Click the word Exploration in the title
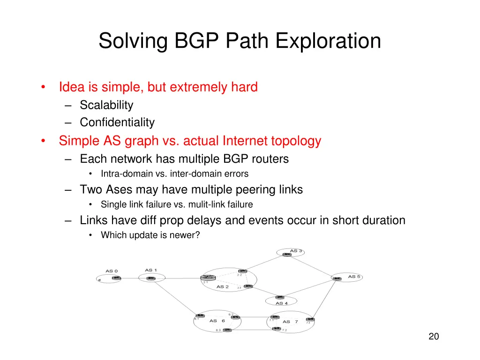coord(328,41)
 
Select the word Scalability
coord(106,105)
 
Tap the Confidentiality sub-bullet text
coord(117,122)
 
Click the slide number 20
coord(434,336)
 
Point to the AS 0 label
coord(112,271)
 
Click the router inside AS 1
coord(150,278)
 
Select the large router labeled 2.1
coord(207,278)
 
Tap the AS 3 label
coord(296,251)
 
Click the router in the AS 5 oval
coord(337,278)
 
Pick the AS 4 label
coord(282,303)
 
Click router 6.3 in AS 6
coord(227,330)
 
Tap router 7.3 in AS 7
coord(310,320)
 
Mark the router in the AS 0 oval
coord(116,278)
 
